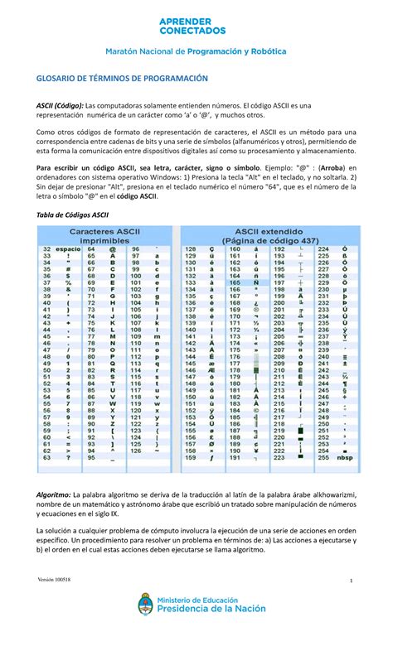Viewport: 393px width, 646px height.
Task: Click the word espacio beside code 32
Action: click(x=68, y=248)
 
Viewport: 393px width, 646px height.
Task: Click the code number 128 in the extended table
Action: click(x=190, y=248)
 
